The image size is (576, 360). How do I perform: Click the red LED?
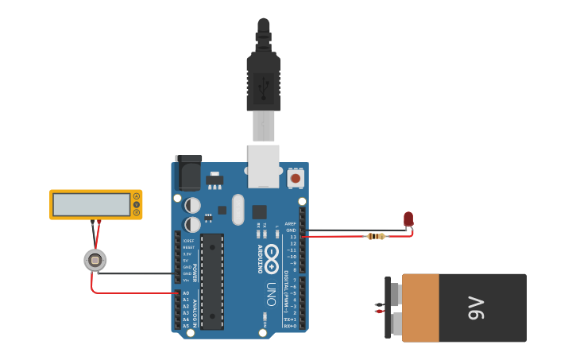click(x=408, y=219)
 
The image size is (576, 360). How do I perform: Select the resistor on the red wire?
click(x=376, y=236)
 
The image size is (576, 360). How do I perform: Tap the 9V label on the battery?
click(x=475, y=308)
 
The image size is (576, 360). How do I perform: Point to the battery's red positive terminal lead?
click(x=380, y=312)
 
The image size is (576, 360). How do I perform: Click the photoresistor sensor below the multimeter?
click(x=95, y=260)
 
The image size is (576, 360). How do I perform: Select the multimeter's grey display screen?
click(x=91, y=205)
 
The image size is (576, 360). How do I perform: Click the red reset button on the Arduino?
click(x=296, y=179)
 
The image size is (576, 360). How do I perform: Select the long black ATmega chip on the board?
click(x=212, y=281)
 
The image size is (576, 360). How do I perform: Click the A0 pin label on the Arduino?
click(x=186, y=293)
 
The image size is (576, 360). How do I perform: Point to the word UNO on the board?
click(x=271, y=289)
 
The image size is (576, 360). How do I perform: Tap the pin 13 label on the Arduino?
click(x=292, y=237)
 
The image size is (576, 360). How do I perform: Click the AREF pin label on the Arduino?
click(x=290, y=224)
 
